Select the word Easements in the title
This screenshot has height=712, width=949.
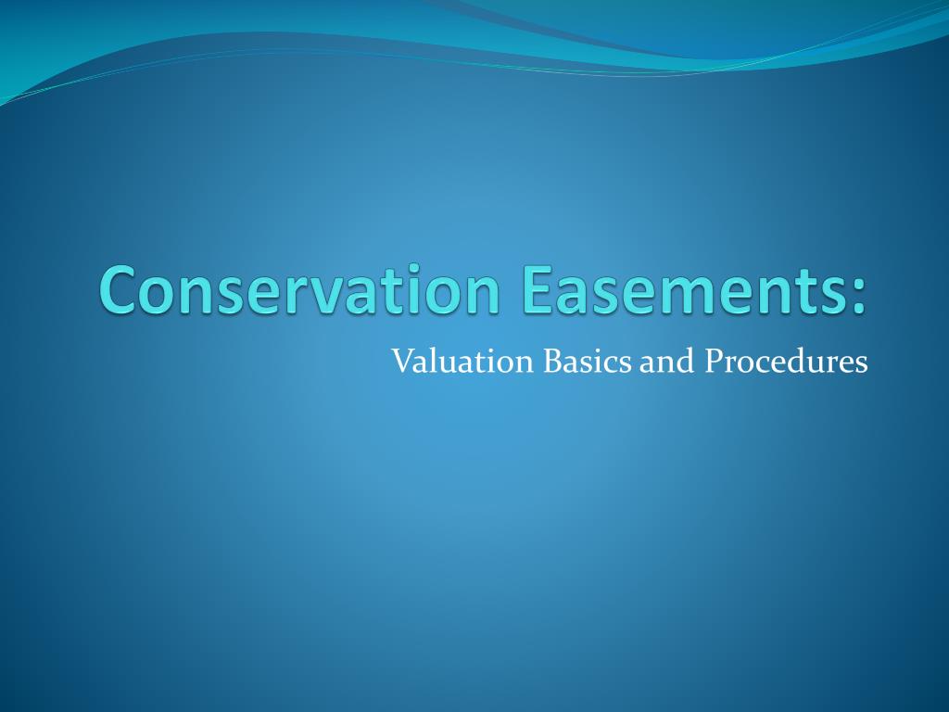pos(675,289)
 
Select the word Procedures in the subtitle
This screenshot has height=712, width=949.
pos(786,361)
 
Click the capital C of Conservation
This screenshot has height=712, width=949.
pos(120,289)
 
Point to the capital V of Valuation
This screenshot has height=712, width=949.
pos(400,361)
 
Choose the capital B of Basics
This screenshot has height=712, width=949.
pos(550,361)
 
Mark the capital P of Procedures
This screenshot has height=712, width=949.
pos(712,361)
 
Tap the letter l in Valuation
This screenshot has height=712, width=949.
pos(432,360)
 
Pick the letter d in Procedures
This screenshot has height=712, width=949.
pos(806,361)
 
